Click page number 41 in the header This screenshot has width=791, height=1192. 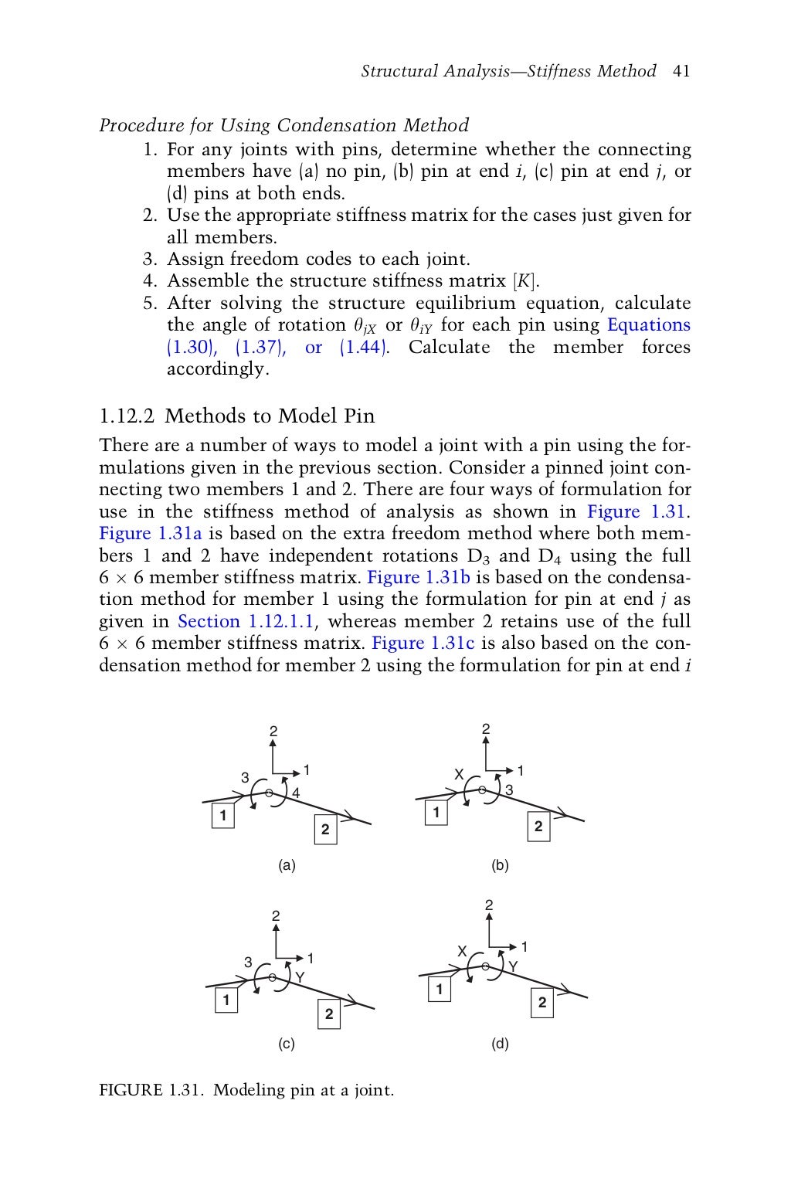tap(681, 72)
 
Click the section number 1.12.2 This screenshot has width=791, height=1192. tap(127, 416)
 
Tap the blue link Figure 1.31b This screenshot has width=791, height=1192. tap(418, 578)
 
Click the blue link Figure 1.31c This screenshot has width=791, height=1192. tap(423, 644)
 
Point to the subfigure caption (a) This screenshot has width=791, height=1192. tap(287, 866)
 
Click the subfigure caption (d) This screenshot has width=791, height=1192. tap(500, 1044)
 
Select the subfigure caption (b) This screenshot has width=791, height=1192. tap(500, 866)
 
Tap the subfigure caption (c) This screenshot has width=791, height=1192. tap(287, 1044)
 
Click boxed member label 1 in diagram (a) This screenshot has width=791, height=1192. tap(223, 815)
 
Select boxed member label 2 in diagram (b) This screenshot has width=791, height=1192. tap(538, 827)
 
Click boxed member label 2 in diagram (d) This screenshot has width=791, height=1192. tap(542, 1003)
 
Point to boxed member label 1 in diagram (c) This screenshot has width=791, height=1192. tap(226, 1000)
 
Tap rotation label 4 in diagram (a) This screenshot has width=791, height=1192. tap(295, 793)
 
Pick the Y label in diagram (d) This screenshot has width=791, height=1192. tap(512, 967)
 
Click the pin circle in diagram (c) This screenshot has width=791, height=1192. tap(273, 977)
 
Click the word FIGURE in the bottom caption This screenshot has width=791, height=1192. tap(131, 1091)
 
